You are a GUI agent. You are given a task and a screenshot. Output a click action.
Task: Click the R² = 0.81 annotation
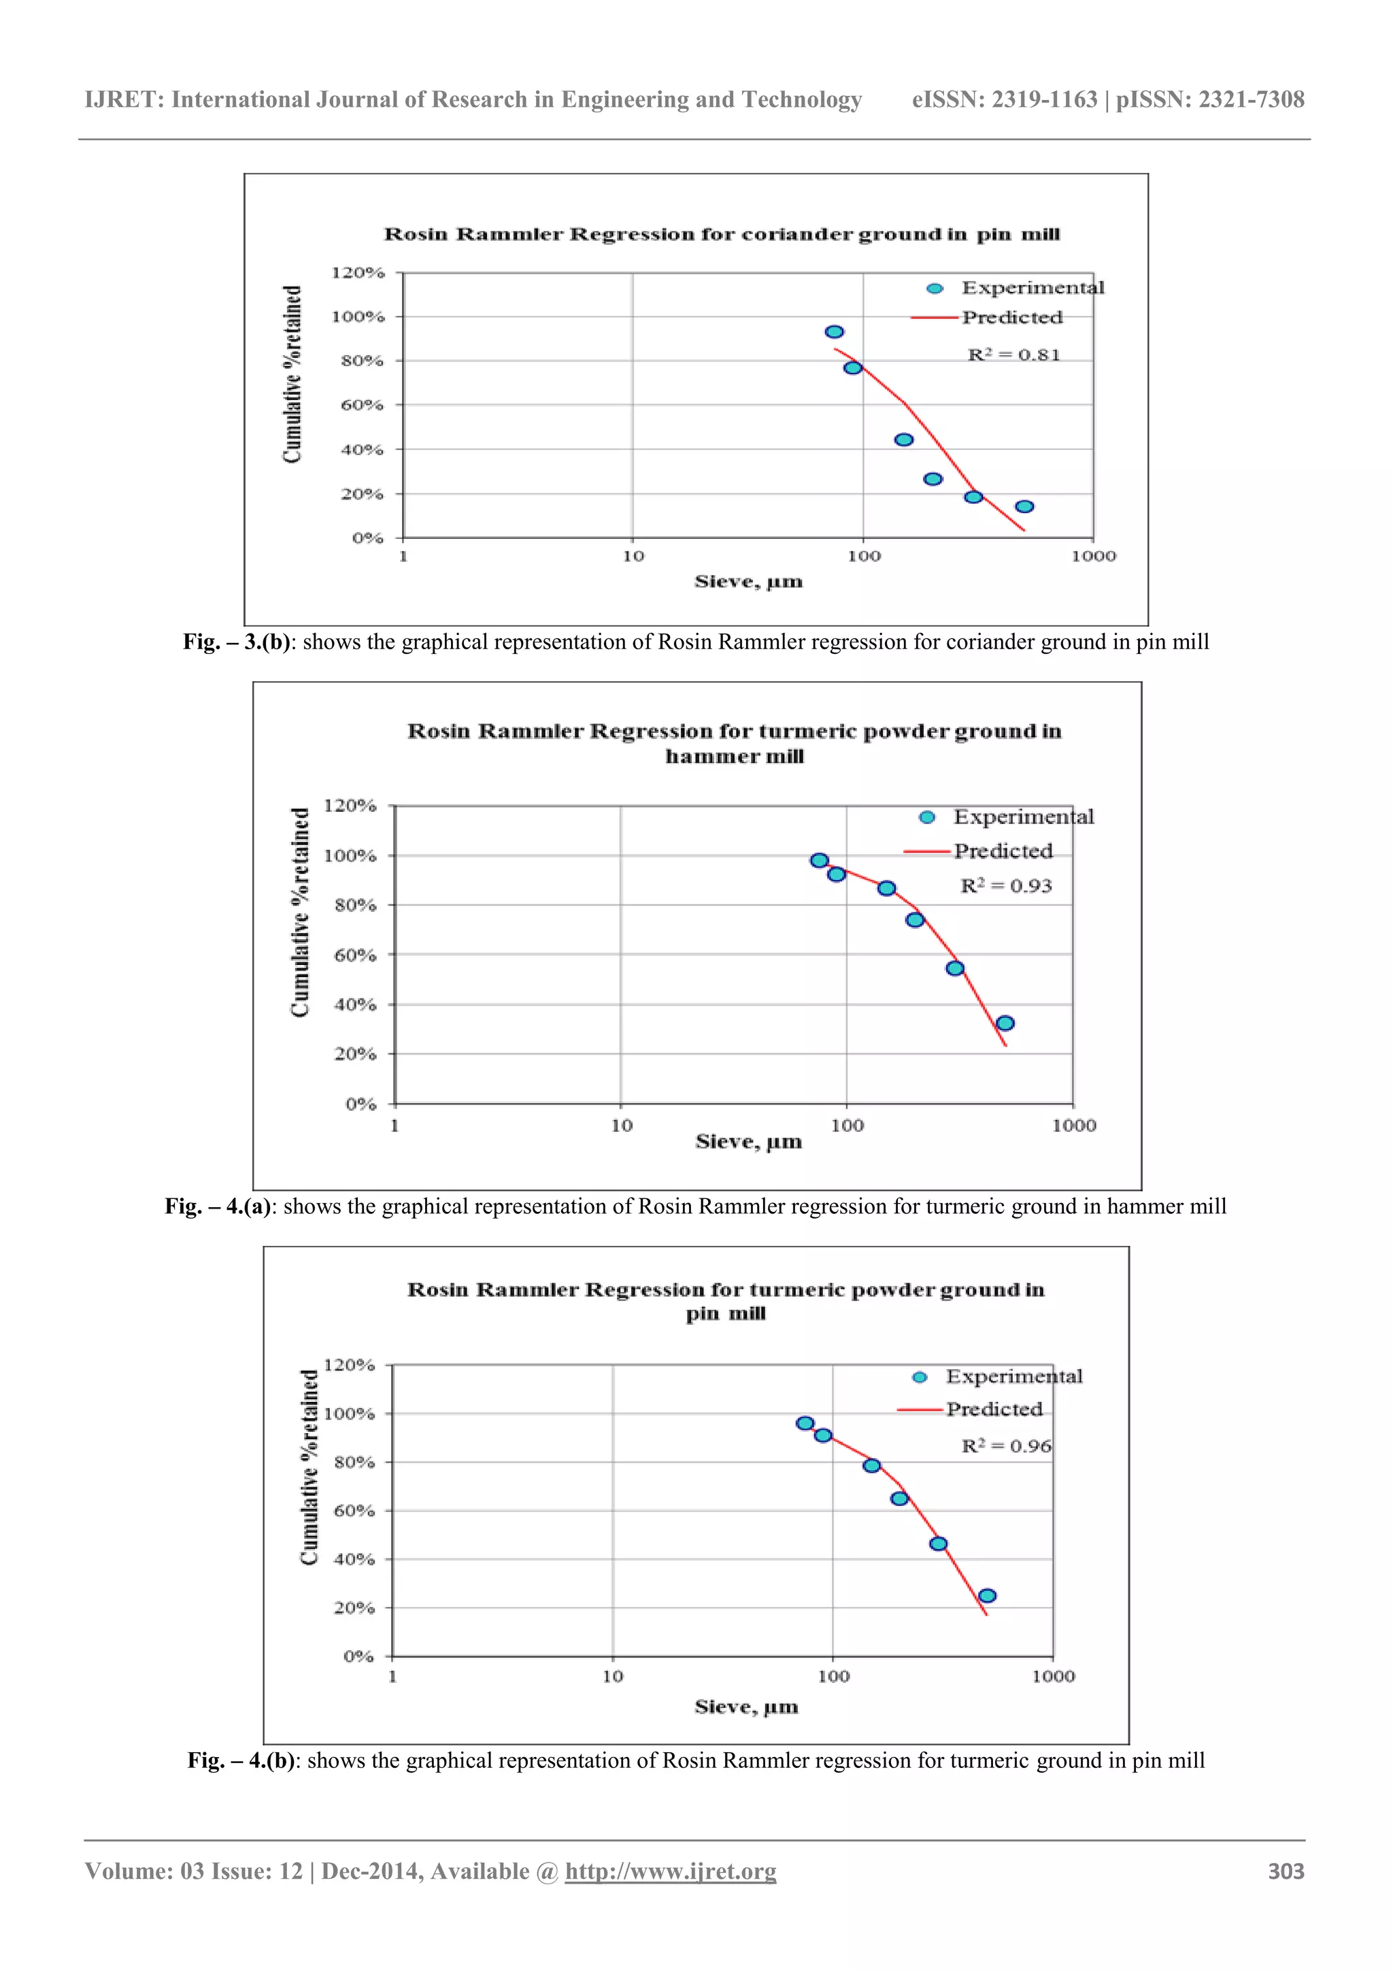pyautogui.click(x=1014, y=355)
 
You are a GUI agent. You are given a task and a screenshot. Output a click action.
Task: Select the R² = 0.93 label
pyautogui.click(x=1005, y=885)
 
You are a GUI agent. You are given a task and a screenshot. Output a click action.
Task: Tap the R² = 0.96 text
pyautogui.click(x=1006, y=1446)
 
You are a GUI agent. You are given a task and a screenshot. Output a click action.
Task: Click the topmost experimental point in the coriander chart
pyautogui.click(x=834, y=332)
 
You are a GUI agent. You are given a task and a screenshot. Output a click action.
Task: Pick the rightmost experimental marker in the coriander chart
pyautogui.click(x=1024, y=506)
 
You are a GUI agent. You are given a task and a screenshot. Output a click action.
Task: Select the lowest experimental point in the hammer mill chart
pyautogui.click(x=1005, y=1023)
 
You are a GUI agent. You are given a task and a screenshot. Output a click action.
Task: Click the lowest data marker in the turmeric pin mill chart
pyautogui.click(x=986, y=1596)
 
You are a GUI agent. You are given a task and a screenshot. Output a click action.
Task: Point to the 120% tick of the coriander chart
pyautogui.click(x=358, y=273)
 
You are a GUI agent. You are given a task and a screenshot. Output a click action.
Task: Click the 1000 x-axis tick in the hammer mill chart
pyautogui.click(x=1074, y=1125)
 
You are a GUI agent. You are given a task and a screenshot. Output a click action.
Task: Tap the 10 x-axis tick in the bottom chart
pyautogui.click(x=612, y=1677)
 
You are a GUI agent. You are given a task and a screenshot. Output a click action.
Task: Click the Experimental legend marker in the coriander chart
pyautogui.click(x=935, y=289)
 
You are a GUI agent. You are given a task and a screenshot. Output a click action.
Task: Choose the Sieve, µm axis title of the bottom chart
pyautogui.click(x=746, y=1707)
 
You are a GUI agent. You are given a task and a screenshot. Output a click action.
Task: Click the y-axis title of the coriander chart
pyautogui.click(x=292, y=374)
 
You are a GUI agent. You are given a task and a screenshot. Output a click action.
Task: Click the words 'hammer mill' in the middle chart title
pyautogui.click(x=734, y=757)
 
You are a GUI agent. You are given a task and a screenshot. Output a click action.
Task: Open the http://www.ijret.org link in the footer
pyautogui.click(x=670, y=1871)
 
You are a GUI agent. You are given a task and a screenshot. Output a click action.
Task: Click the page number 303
pyautogui.click(x=1286, y=1871)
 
